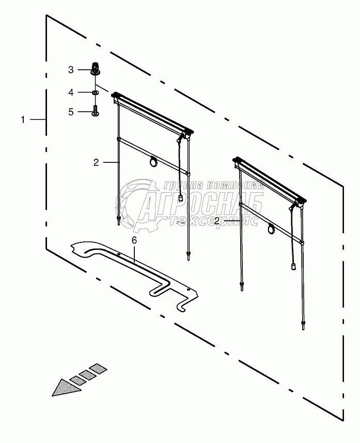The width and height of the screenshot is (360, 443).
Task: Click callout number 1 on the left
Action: click(x=23, y=119)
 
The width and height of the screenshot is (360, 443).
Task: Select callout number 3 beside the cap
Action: click(x=72, y=69)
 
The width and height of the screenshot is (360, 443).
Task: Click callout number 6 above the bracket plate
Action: click(x=134, y=241)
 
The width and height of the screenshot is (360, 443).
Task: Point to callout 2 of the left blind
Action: click(x=96, y=162)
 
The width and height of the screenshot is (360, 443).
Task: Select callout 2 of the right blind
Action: click(x=217, y=221)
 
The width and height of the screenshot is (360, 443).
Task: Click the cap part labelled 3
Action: click(x=96, y=68)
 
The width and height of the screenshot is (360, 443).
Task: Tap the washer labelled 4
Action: click(x=96, y=93)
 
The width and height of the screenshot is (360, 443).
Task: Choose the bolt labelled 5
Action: click(x=96, y=111)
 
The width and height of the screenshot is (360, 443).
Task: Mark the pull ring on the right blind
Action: click(x=271, y=228)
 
